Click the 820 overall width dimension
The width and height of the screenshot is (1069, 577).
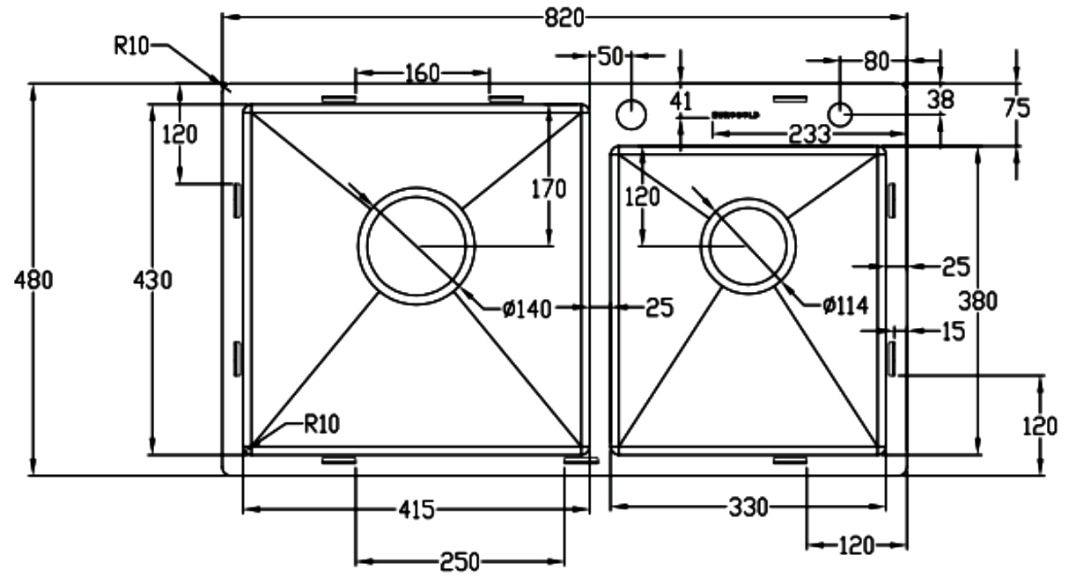565,16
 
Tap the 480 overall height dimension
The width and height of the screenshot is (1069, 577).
35,280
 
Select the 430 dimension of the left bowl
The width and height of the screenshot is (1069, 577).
152,280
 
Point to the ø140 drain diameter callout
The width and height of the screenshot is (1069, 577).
526,308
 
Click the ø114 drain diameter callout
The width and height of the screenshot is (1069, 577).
845,305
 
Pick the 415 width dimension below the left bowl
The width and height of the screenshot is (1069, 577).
416,509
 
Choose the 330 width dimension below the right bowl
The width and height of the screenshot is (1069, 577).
749,508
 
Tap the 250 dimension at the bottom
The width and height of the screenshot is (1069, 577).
459,560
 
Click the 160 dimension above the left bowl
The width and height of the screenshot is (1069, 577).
422,73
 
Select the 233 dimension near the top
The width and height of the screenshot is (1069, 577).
808,135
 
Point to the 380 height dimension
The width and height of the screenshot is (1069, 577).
978,301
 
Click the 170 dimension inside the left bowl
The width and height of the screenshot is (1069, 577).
548,188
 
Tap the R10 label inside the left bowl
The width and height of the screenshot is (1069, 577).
321,425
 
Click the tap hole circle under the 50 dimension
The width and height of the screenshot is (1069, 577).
630,114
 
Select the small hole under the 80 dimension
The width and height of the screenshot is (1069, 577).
840,113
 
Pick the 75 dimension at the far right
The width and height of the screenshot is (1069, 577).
1016,107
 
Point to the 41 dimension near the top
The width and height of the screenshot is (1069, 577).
680,100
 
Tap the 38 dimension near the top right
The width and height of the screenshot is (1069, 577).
940,100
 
